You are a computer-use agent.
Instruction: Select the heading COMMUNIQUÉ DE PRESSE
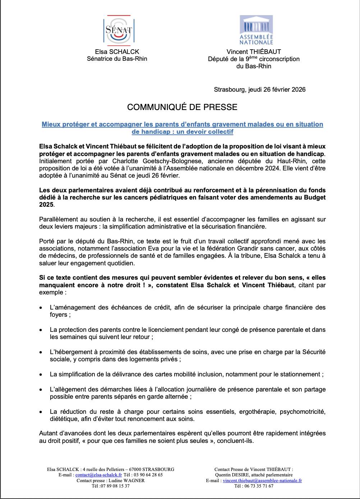pos(182,107)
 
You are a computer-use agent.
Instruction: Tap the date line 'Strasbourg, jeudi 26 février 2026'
pos(259,90)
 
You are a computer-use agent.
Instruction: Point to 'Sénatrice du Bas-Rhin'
pos(117,59)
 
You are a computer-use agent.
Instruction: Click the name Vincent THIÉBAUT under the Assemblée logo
pos(254,52)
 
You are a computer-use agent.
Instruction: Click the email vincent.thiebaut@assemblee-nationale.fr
pos(262,480)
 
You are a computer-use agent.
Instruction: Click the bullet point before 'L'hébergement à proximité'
pos(42,352)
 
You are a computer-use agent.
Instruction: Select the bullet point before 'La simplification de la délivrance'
pos(42,375)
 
